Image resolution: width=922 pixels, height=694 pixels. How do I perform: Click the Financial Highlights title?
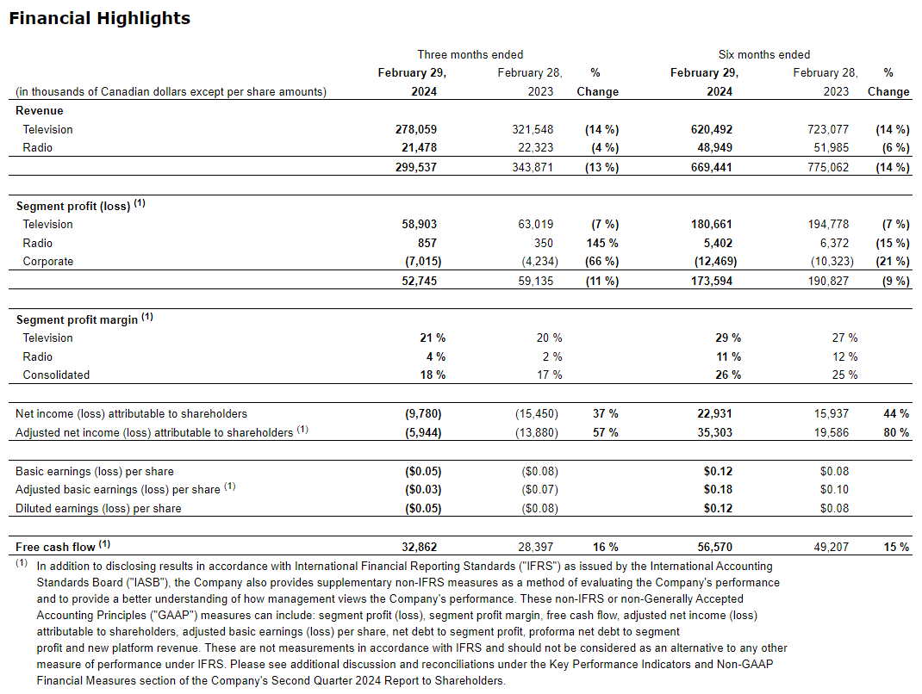click(x=99, y=18)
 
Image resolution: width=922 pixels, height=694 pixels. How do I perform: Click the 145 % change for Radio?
click(x=601, y=243)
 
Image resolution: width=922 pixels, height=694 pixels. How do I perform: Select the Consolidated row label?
click(x=56, y=375)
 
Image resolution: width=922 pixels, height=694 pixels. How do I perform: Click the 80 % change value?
click(x=895, y=432)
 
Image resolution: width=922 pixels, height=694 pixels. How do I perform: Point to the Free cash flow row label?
click(x=56, y=545)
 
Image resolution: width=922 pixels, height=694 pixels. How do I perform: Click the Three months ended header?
click(x=470, y=54)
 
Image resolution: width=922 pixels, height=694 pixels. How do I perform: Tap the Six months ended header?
click(x=763, y=54)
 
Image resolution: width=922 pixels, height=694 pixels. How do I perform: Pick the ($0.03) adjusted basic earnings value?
click(x=422, y=489)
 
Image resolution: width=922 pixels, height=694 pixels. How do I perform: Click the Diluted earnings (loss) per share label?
click(x=98, y=508)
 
